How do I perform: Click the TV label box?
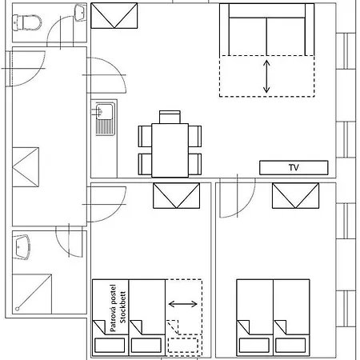294,168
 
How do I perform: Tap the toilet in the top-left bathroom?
30,21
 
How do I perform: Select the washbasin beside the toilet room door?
79,14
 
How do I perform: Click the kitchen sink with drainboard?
104,118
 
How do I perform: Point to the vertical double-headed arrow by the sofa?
267,75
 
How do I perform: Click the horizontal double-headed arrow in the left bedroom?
184,304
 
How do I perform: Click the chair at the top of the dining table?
170,118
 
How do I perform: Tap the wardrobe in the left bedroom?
176,195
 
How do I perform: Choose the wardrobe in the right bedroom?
296,195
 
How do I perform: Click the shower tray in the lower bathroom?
33,292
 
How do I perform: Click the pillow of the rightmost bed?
290,345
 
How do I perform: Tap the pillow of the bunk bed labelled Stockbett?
146,345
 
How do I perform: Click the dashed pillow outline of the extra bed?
184,345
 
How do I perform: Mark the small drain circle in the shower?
17,306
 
